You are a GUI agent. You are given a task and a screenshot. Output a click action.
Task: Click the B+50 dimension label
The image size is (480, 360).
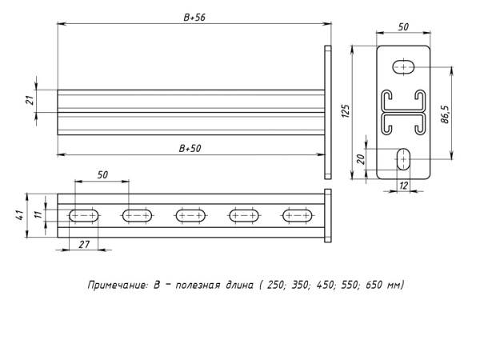pyautogui.click(x=190, y=147)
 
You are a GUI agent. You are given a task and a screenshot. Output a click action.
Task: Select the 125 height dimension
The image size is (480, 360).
pyautogui.click(x=346, y=110)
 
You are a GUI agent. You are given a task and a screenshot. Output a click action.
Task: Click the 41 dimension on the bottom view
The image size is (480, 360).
pyautogui.click(x=18, y=214)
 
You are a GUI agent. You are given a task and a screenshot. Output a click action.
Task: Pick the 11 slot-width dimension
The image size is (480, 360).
pyautogui.click(x=37, y=214)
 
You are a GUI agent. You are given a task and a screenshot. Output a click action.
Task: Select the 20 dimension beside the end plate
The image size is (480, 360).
pyautogui.click(x=360, y=159)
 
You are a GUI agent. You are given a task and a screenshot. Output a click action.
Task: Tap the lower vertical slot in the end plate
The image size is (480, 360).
pyautogui.click(x=403, y=159)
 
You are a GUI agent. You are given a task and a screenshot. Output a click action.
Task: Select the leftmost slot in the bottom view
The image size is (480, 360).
pyautogui.click(x=84, y=214)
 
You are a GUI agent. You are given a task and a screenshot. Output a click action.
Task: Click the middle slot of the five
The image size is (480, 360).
pyautogui.click(x=190, y=214)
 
